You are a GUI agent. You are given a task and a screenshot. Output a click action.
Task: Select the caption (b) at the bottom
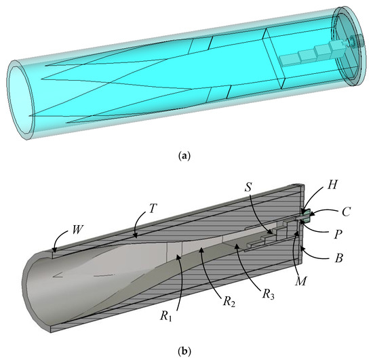pyautogui.click(x=186, y=352)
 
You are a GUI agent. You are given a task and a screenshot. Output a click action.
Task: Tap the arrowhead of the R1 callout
pyautogui.click(x=178, y=255)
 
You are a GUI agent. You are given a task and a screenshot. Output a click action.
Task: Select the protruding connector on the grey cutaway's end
pyautogui.click(x=307, y=216)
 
